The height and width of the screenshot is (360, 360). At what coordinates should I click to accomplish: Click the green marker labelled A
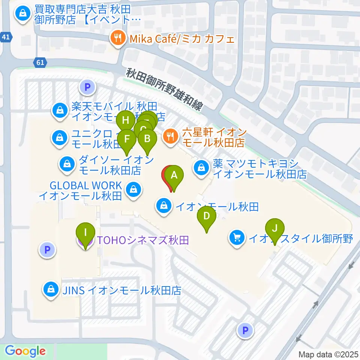[174, 175]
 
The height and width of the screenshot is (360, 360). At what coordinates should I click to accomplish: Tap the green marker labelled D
[207, 216]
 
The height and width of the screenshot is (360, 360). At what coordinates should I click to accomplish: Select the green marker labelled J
[275, 228]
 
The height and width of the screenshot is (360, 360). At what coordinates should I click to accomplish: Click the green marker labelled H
[125, 121]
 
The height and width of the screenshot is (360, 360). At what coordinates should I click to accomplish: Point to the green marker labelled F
[127, 139]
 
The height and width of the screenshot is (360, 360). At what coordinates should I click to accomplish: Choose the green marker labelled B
[147, 139]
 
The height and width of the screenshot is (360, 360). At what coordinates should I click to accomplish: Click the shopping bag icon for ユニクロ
[60, 138]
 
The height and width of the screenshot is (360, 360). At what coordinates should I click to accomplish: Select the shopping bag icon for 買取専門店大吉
[22, 15]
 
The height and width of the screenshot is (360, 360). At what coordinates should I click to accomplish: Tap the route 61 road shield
[41, 63]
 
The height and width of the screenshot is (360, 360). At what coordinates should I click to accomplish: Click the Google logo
[25, 351]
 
